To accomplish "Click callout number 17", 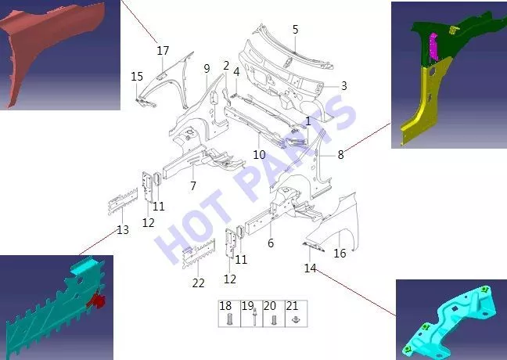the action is (x=163, y=50).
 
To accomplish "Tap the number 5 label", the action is (x=295, y=30).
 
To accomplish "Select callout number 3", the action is (x=343, y=86).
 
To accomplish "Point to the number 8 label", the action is (x=340, y=155).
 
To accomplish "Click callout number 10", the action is (x=259, y=155).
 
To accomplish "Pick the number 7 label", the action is (x=193, y=185).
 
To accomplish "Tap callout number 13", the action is (x=123, y=230).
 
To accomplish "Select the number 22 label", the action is (x=198, y=283).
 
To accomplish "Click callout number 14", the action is (x=310, y=268).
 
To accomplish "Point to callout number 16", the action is (x=340, y=253).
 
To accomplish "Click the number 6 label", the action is (x=271, y=243).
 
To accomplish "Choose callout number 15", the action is (x=137, y=77).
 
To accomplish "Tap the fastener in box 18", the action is (x=229, y=319).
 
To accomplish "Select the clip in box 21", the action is (x=295, y=319).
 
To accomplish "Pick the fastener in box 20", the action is (x=274, y=320).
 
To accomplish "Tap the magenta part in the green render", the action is (x=433, y=48).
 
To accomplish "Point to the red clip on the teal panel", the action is (x=97, y=301).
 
